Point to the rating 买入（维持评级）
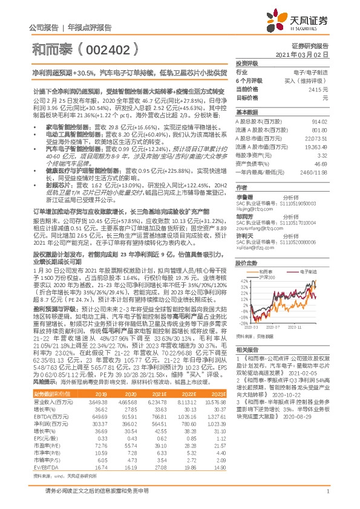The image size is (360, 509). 308,80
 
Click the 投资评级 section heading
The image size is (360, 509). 247,63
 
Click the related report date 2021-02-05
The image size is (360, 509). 301,390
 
